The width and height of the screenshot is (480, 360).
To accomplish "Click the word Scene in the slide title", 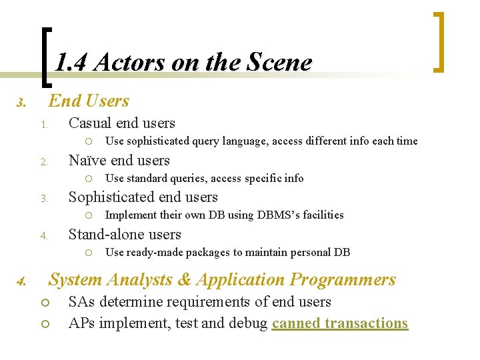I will (x=279, y=63).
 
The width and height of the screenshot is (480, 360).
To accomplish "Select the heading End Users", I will (x=89, y=101).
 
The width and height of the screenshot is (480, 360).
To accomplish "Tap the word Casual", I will (x=90, y=123).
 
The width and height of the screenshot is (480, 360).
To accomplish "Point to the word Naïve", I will (x=88, y=161).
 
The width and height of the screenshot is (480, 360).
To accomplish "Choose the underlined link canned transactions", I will (x=339, y=323).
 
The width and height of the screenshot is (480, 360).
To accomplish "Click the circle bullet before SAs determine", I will (x=45, y=303).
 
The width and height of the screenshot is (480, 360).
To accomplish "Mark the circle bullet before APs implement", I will (x=45, y=324).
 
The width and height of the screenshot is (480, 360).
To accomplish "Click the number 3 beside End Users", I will (x=21, y=103).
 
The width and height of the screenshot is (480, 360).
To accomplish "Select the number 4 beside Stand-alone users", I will (x=43, y=236).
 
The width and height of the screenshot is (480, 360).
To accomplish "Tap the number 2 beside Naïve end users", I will (x=43, y=162).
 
